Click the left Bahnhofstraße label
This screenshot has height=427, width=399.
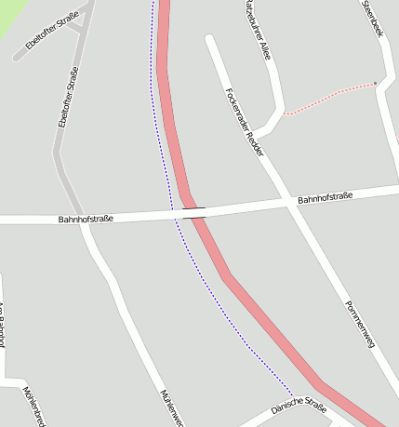(86, 219)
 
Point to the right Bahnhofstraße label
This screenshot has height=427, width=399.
(326, 199)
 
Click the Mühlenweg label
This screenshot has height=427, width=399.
(173, 407)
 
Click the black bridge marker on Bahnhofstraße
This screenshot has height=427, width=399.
(194, 213)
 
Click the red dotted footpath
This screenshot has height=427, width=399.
(330, 97)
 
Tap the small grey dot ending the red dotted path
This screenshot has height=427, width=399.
(376, 84)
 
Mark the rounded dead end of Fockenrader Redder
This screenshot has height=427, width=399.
(210, 41)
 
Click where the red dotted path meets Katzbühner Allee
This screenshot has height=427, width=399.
(284, 113)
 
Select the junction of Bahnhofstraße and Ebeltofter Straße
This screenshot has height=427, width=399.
(83, 220)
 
